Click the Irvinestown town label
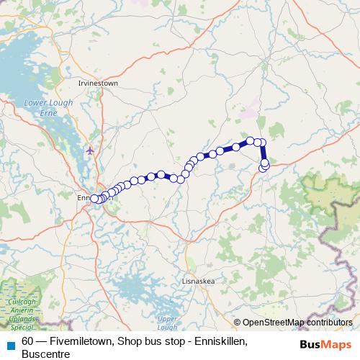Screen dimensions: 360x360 [x=97, y=84]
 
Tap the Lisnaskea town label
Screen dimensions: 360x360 [x=197, y=282]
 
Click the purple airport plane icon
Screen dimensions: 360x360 [x=89, y=150]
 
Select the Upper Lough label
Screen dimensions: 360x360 [x=167, y=323]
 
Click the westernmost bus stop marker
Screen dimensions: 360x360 [x=94, y=199]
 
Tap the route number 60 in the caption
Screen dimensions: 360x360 [x=28, y=341]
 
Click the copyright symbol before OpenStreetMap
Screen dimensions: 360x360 [x=238, y=323]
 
